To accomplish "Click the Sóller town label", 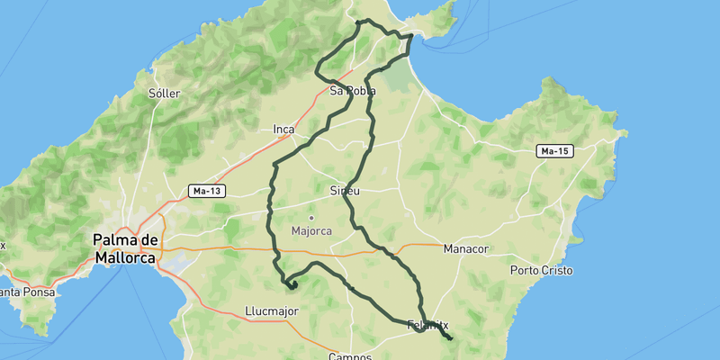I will (x=165, y=94).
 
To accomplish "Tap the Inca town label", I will (x=283, y=130).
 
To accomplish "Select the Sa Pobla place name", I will (x=352, y=91).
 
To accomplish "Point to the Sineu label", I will (x=346, y=191).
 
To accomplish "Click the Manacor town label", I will (x=465, y=248).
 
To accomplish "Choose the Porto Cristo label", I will (x=541, y=270).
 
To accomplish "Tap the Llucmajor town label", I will (x=271, y=311).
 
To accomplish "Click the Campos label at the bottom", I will (x=350, y=356).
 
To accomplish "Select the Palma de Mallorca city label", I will (x=126, y=248).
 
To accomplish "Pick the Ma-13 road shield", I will (x=207, y=191).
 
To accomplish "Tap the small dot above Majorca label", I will (x=311, y=217).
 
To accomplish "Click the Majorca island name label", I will (x=311, y=230).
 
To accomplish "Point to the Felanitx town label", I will (x=427, y=325).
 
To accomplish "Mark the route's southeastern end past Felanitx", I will (x=450, y=339).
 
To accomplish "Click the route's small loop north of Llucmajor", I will (x=292, y=283).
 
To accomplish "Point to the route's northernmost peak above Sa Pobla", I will (x=360, y=21).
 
